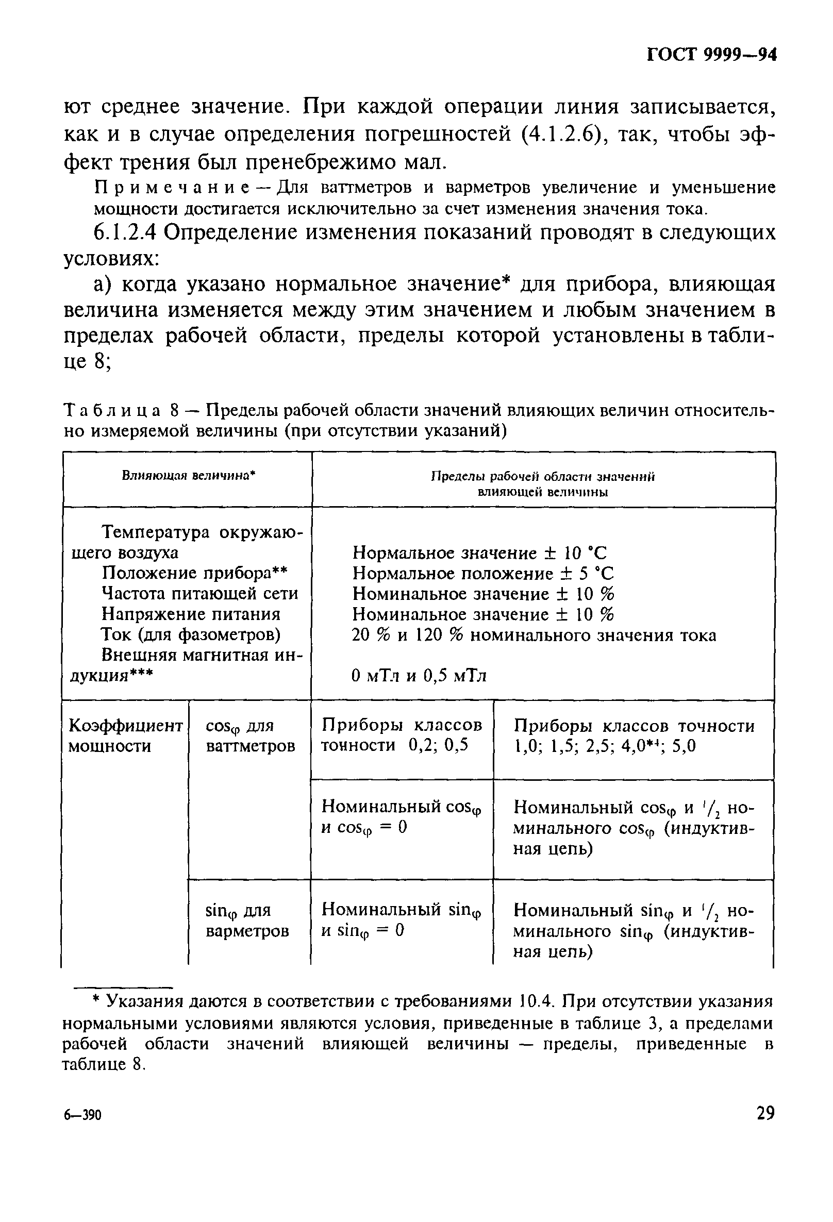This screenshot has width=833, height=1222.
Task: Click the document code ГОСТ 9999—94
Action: coord(711,55)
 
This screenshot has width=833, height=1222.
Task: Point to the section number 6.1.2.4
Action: coord(124,232)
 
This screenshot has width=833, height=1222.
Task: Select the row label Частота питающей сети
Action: coord(199,593)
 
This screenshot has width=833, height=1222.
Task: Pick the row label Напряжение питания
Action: coord(191,614)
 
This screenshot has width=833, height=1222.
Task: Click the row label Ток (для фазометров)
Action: coord(190,634)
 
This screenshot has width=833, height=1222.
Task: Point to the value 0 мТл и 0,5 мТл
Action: coord(419,676)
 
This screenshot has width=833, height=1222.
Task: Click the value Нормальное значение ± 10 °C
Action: coord(479,553)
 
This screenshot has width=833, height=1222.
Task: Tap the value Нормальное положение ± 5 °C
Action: coord(483,573)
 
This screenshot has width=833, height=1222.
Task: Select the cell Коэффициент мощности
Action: coord(125,735)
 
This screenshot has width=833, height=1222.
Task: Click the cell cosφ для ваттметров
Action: coord(250,735)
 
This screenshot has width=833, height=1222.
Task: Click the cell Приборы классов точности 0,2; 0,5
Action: coord(401,735)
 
